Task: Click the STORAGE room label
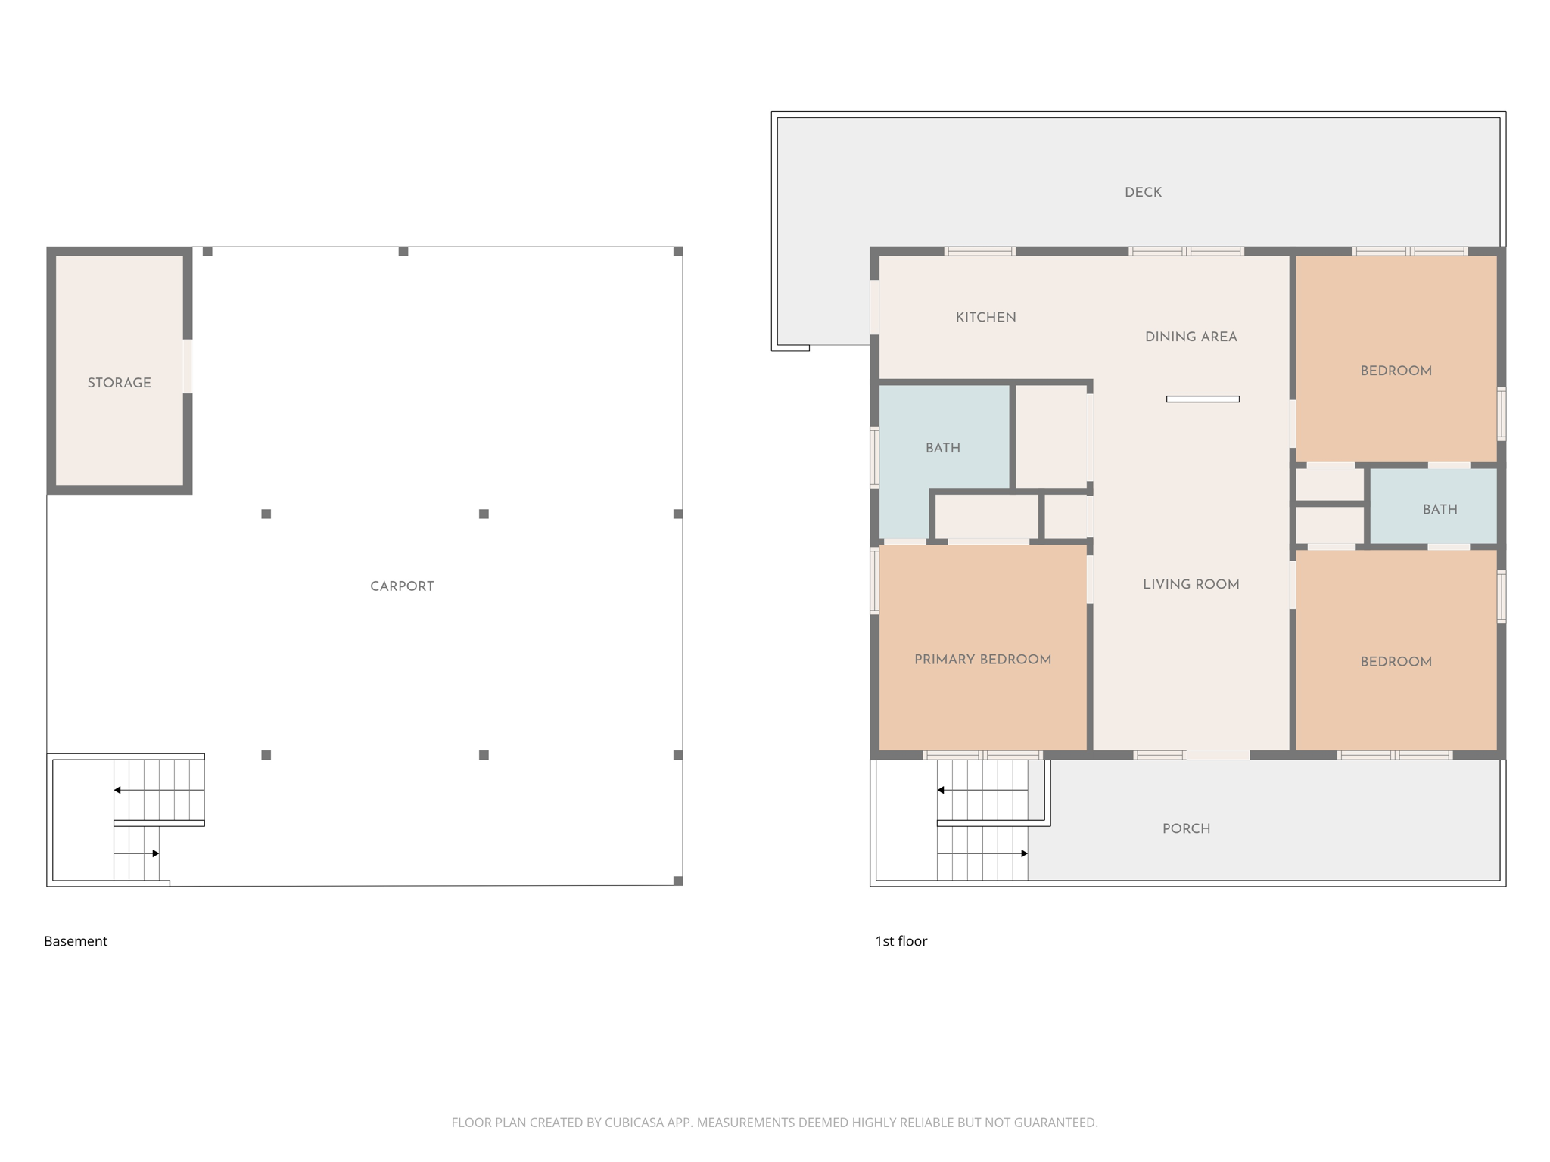(x=119, y=383)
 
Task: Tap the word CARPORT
(x=402, y=586)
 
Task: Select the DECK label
(x=1143, y=192)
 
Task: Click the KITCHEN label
(x=985, y=318)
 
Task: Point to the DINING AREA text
(x=1191, y=337)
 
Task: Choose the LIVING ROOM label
(x=1191, y=584)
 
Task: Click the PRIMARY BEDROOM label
(x=982, y=660)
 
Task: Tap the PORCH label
(x=1186, y=828)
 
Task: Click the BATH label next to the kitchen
(x=942, y=448)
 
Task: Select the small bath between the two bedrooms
(x=1440, y=509)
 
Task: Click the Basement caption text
(x=76, y=941)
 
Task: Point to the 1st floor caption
(x=901, y=941)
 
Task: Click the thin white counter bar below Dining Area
(x=1203, y=399)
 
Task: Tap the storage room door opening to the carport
(x=188, y=366)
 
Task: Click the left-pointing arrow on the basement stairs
(x=117, y=790)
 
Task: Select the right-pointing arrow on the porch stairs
(x=1024, y=853)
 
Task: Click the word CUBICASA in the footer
(x=633, y=1123)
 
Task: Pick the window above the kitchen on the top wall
(x=979, y=251)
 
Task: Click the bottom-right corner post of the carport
(x=678, y=881)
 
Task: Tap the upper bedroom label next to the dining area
(x=1396, y=371)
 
